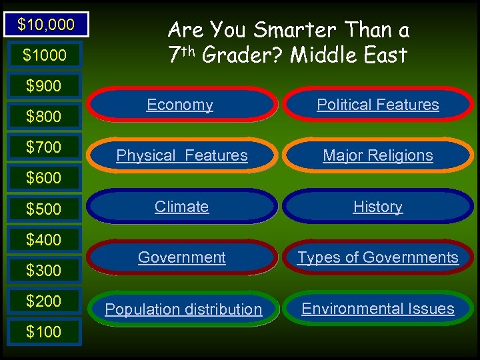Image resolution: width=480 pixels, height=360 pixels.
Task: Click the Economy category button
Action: point(181,105)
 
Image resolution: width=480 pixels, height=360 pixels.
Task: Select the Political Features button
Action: point(378,105)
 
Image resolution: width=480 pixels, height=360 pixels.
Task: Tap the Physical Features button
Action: point(181,155)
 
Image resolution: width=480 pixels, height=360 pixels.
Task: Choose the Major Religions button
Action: point(378,155)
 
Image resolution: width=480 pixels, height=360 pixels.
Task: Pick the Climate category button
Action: point(181,207)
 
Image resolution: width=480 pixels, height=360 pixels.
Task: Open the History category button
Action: point(378,207)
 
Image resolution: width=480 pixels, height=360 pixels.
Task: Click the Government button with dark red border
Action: point(181,257)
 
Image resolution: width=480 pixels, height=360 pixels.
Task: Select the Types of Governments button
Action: point(378,257)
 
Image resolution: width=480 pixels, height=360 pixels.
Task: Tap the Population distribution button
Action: point(183,309)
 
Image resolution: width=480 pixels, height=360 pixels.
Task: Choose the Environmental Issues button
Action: point(378,309)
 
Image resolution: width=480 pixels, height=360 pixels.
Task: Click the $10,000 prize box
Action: point(45,25)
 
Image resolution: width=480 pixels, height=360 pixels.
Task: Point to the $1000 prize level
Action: point(45,56)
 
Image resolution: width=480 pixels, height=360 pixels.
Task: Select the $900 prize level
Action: point(43,86)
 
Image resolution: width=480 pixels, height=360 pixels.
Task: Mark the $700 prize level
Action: point(43,147)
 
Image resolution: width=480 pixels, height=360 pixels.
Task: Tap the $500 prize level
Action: point(43,209)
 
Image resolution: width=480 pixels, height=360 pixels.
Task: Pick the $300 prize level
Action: point(43,270)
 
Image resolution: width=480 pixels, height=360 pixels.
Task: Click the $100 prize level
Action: point(43,331)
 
